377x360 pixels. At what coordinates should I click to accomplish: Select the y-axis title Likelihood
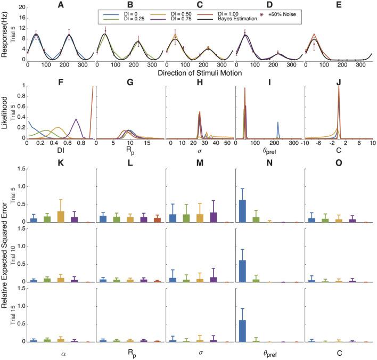click(5, 112)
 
